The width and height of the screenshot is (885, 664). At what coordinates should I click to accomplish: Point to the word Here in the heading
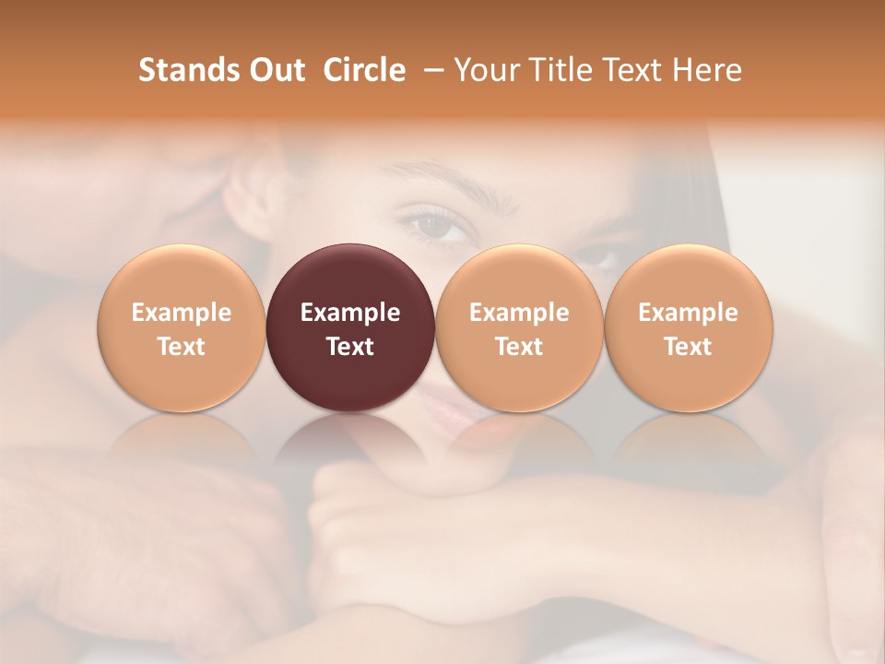pos(705,70)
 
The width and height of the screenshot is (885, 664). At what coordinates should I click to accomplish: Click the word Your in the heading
pos(487,70)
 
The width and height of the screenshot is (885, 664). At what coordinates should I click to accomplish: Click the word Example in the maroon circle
pos(350,313)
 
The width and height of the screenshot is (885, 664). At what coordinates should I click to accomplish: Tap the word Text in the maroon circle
pos(350,347)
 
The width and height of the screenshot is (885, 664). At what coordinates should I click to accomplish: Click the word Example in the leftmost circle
pos(182,313)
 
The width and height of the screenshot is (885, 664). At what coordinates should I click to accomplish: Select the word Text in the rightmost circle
pos(688,347)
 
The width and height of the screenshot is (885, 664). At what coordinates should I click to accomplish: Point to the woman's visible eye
pos(442,224)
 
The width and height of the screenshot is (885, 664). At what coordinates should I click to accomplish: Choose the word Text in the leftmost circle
pos(182,347)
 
